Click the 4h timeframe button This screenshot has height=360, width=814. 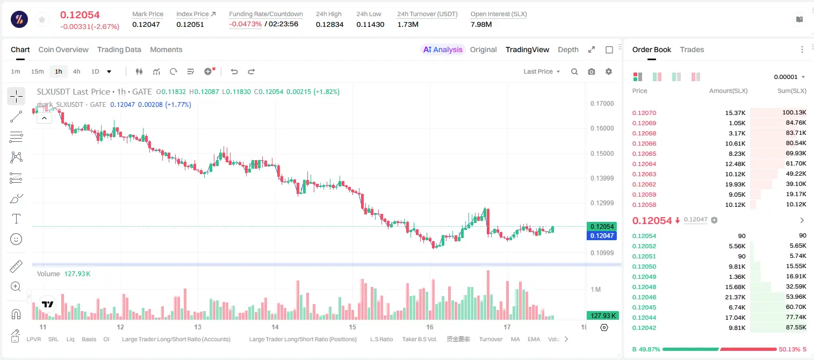(x=76, y=71)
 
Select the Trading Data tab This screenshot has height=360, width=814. (x=119, y=50)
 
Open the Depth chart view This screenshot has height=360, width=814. (x=568, y=50)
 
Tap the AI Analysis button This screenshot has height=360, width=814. (x=443, y=50)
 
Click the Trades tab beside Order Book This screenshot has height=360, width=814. (x=692, y=50)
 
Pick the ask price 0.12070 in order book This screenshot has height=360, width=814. (x=644, y=113)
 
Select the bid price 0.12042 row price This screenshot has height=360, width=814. (x=644, y=328)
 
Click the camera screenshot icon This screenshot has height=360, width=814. (x=592, y=71)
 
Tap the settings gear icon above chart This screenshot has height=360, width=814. (x=609, y=71)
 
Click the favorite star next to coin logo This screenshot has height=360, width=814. (x=42, y=20)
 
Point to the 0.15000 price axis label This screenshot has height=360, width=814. (x=602, y=153)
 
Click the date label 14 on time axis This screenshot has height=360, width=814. (x=275, y=327)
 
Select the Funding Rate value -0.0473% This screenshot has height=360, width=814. (x=246, y=24)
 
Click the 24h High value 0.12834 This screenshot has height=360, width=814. (x=329, y=24)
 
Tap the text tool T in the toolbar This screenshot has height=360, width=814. (x=16, y=219)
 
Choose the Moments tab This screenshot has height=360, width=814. (x=166, y=50)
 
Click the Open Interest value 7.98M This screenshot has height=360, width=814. (x=481, y=24)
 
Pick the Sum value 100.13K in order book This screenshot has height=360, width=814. (x=794, y=113)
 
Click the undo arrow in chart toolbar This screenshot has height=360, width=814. (x=234, y=71)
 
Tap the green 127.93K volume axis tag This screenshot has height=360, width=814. (x=603, y=316)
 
